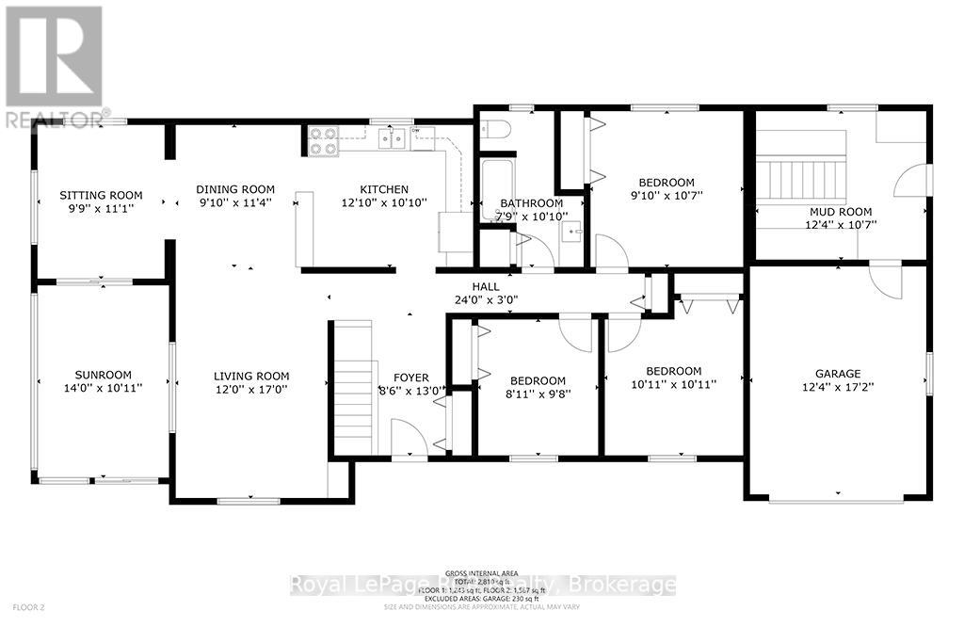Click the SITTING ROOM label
tap(101, 195)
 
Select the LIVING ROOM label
tap(249, 375)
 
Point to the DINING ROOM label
tap(235, 188)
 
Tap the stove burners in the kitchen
tap(323, 140)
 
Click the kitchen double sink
tap(394, 139)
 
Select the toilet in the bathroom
tap(496, 131)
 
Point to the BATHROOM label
tap(531, 202)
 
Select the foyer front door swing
tap(408, 438)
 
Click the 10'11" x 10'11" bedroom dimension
tap(674, 384)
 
